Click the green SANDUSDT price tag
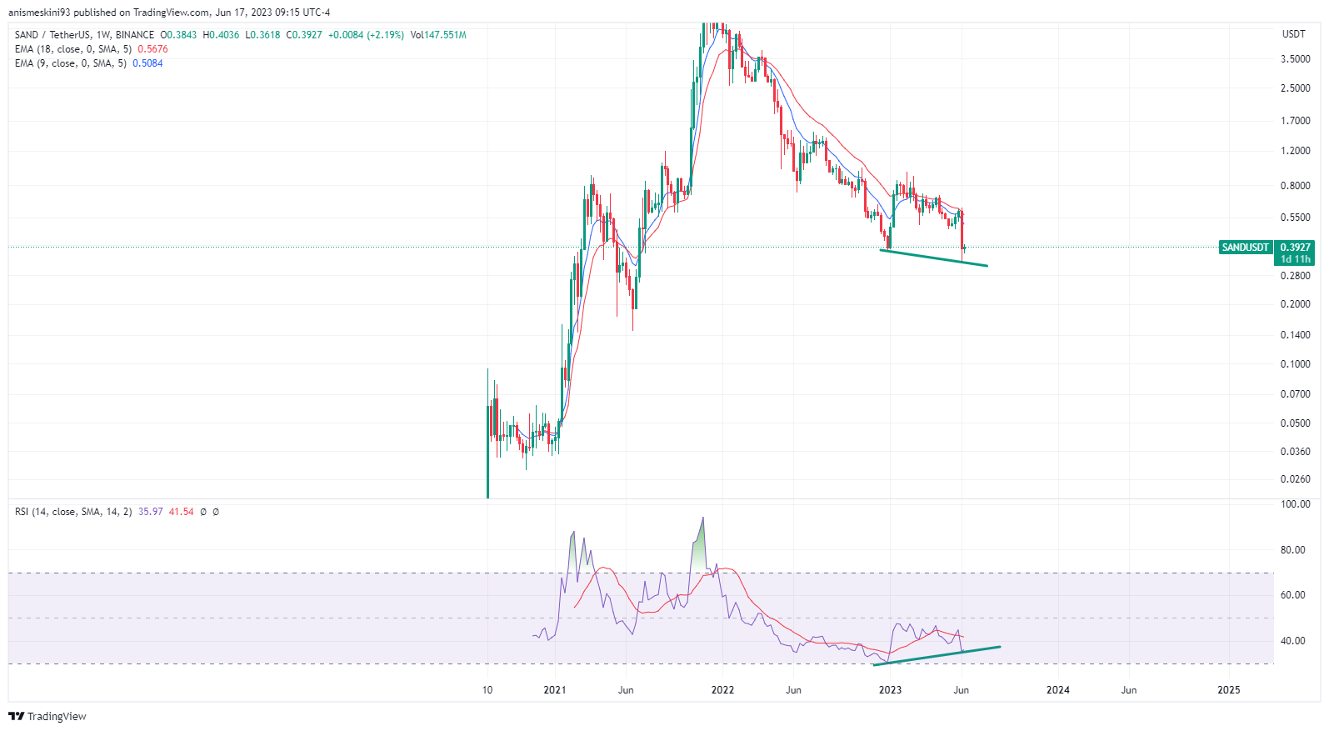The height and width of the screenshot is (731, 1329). pyautogui.click(x=1245, y=248)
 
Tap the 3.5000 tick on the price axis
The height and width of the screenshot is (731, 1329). pyautogui.click(x=1295, y=59)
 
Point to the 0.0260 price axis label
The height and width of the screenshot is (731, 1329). pyautogui.click(x=1295, y=479)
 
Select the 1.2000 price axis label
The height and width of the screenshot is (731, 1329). pyautogui.click(x=1295, y=151)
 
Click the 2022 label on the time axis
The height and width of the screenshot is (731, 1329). pyautogui.click(x=722, y=690)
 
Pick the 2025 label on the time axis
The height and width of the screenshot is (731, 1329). pyautogui.click(x=1228, y=690)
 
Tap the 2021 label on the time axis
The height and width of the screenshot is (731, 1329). pyautogui.click(x=554, y=690)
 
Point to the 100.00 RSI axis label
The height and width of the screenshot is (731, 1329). pyautogui.click(x=1295, y=504)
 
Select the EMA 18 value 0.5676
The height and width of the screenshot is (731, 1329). pyautogui.click(x=152, y=49)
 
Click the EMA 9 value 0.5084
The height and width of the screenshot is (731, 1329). pyautogui.click(x=147, y=63)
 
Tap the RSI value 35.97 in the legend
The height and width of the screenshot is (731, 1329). pyautogui.click(x=151, y=512)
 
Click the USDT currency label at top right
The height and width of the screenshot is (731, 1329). pyautogui.click(x=1293, y=34)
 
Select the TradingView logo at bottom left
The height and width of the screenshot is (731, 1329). pyautogui.click(x=47, y=717)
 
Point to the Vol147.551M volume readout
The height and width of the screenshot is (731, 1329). pyautogui.click(x=438, y=35)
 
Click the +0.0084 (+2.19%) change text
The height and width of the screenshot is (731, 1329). pyautogui.click(x=366, y=35)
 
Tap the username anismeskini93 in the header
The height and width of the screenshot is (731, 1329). pyautogui.click(x=39, y=13)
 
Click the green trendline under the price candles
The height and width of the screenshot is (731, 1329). pyautogui.click(x=933, y=258)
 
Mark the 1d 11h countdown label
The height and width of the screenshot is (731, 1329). pyautogui.click(x=1295, y=259)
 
